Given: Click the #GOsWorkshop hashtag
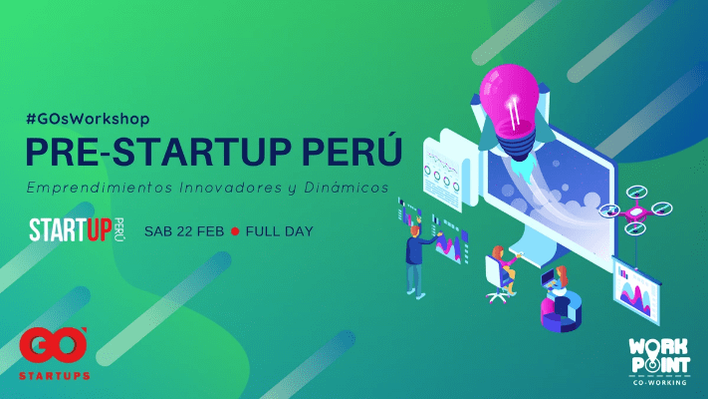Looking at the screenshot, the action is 88,119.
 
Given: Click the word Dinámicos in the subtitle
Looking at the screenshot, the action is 347,188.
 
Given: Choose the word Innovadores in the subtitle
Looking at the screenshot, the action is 230,188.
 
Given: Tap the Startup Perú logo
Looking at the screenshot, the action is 77,229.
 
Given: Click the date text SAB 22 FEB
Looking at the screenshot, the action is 184,231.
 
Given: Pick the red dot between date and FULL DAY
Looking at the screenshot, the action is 235,231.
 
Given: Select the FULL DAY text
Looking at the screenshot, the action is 280,231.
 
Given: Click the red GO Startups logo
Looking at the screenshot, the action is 54,354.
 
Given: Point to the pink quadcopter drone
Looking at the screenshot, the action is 635,210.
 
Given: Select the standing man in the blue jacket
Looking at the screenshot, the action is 416,262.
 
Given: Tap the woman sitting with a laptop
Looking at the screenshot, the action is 559,281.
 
